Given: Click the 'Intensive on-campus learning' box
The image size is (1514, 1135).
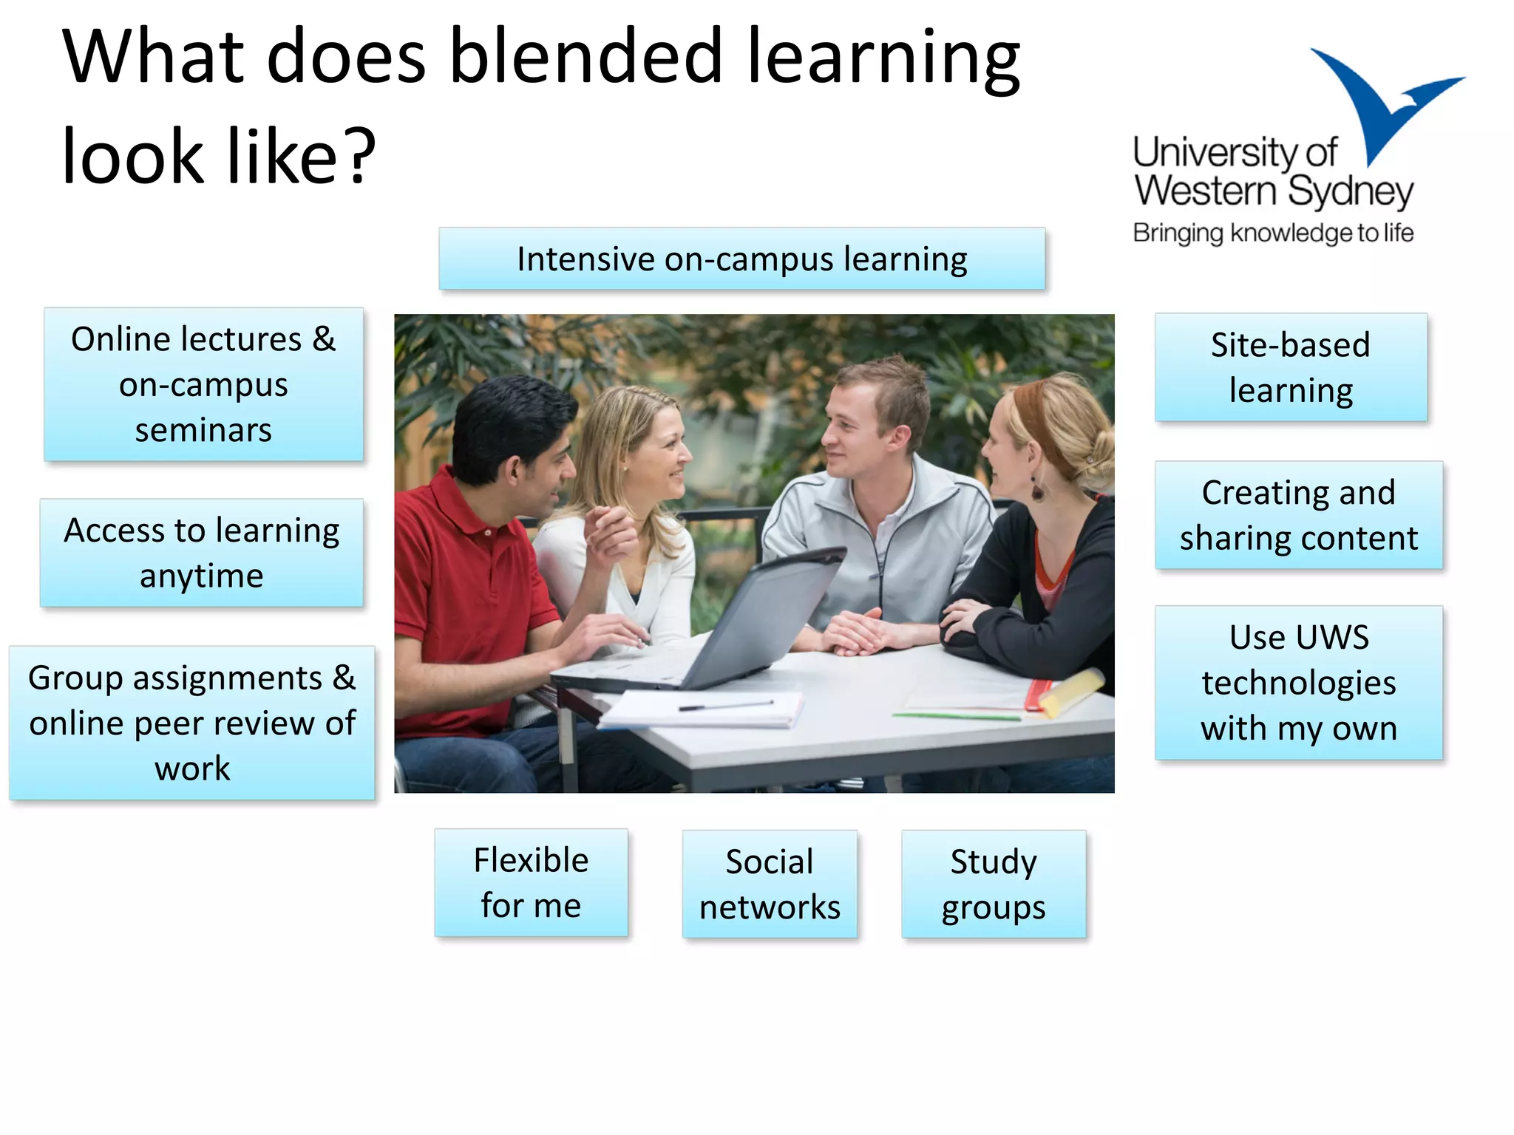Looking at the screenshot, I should pos(741,259).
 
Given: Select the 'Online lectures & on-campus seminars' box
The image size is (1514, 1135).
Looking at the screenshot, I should pos(203,384).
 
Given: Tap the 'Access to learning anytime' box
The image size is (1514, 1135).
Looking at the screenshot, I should pos(201,553).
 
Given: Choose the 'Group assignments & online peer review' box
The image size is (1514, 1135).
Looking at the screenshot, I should pos(192,723).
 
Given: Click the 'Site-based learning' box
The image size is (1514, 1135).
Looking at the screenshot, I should pos(1291,367).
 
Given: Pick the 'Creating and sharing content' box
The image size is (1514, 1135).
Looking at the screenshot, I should pos(1298,515).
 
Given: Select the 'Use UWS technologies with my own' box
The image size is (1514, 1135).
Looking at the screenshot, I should pos(1298,683).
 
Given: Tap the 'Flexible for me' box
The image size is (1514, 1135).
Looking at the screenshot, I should pos(531,883).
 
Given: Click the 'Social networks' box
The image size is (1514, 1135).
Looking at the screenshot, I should pos(770,885).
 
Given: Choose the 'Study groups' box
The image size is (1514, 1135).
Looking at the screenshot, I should pos(994,885).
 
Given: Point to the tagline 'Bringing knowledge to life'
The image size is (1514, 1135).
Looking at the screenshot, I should pos(1273,234).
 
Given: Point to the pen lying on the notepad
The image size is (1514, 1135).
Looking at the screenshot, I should pos(724,706).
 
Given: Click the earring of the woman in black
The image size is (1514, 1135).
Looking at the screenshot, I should pos(1038,488).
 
